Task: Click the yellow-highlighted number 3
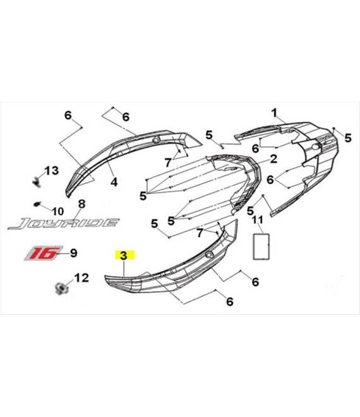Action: pyautogui.click(x=124, y=256)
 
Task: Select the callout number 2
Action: pyautogui.click(x=273, y=159)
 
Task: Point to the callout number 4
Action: pyautogui.click(x=114, y=182)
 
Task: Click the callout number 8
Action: pyautogui.click(x=81, y=204)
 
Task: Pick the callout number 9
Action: pyautogui.click(x=74, y=253)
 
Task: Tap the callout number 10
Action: pyautogui.click(x=57, y=212)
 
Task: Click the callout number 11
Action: pyautogui.click(x=258, y=220)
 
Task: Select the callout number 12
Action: pyautogui.click(x=81, y=278)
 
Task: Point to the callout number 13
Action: pyautogui.click(x=52, y=171)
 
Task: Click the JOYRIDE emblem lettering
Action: pyautogui.click(x=63, y=224)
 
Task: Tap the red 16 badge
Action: pyautogui.click(x=42, y=253)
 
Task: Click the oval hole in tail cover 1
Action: pyautogui.click(x=315, y=147)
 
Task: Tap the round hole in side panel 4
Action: pyautogui.click(x=155, y=140)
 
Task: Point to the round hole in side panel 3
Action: pyautogui.click(x=209, y=255)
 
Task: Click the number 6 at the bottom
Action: pyautogui.click(x=230, y=302)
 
